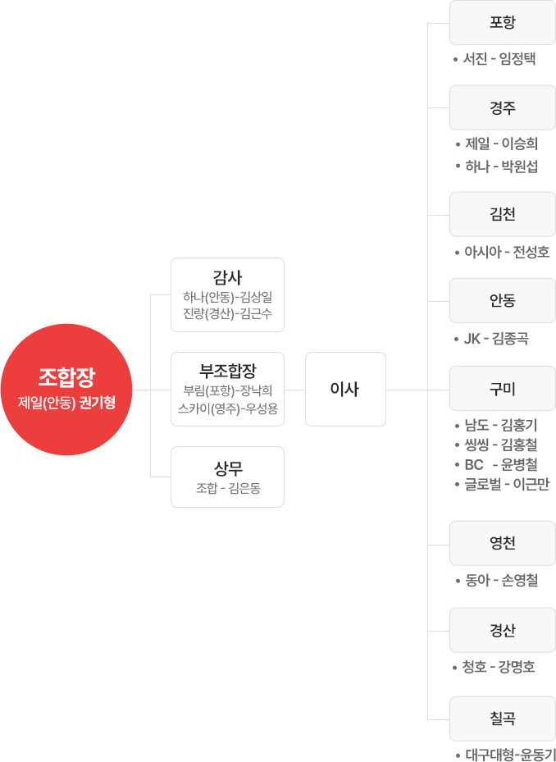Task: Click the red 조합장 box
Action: [66, 389]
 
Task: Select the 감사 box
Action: [227, 294]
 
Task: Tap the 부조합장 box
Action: [227, 389]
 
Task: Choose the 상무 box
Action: [227, 477]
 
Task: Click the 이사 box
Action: [344, 389]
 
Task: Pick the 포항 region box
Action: [502, 22]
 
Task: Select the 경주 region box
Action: [502, 107]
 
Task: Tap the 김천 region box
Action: [502, 214]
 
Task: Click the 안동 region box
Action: [502, 300]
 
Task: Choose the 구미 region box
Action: [502, 388]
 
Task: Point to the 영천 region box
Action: [502, 543]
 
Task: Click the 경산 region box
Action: [502, 630]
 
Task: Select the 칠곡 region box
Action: [502, 718]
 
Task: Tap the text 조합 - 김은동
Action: [228, 489]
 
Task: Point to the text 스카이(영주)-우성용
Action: [227, 407]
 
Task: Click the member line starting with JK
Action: [495, 339]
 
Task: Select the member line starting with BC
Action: [500, 465]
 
